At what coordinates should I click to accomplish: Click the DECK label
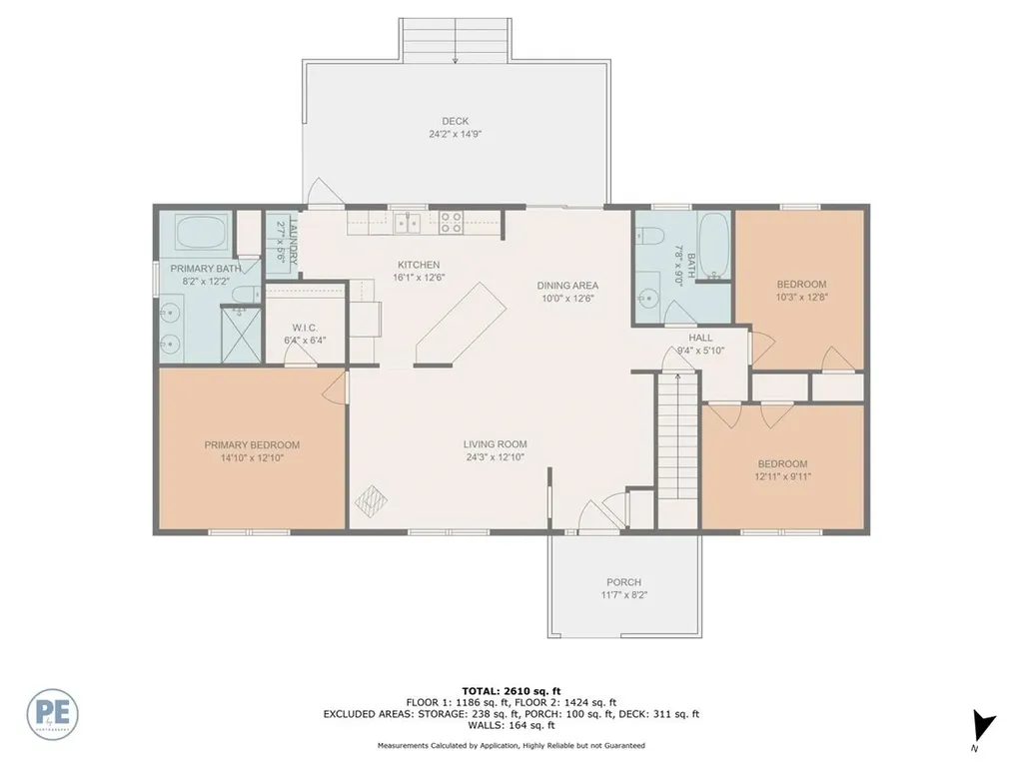pos(456,121)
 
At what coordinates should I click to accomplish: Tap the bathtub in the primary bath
pos(203,235)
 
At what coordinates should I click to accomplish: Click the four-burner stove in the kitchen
pos(450,221)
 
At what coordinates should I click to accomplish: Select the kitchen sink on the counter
pos(406,221)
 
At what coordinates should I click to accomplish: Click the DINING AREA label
pos(566,286)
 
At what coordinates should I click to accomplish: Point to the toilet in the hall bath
pos(648,237)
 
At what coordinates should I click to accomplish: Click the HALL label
pos(700,338)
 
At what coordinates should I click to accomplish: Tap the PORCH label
pos(623,582)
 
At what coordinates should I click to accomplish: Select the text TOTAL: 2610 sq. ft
pos(511,690)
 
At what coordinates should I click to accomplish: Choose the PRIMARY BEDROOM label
pos(252,445)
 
